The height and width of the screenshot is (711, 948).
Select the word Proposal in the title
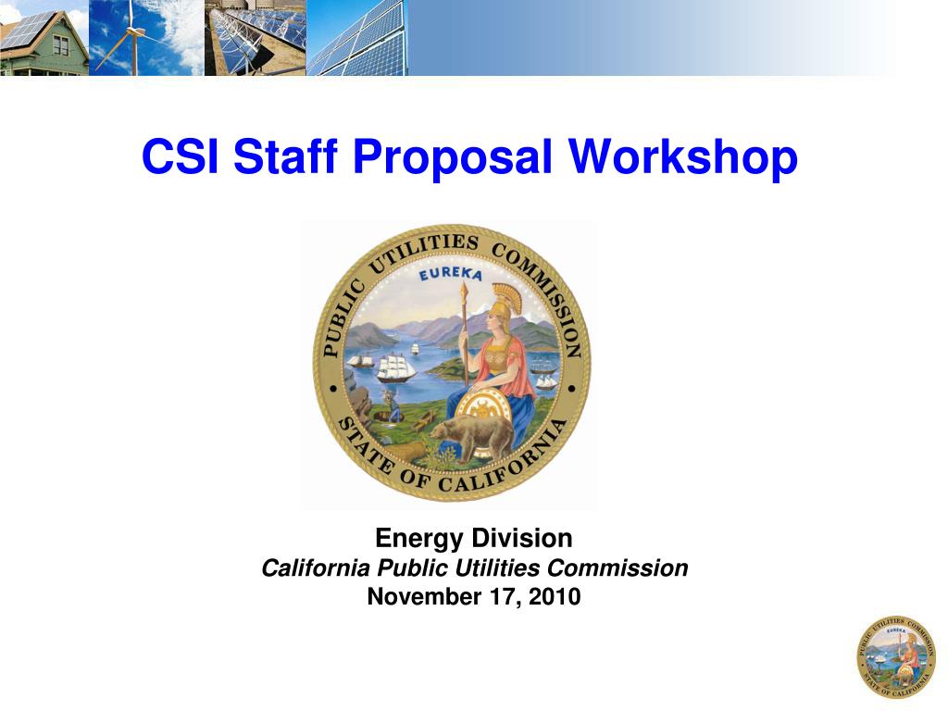click(x=453, y=157)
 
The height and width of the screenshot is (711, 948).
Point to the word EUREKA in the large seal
click(x=451, y=275)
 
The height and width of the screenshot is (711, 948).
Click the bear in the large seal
click(x=477, y=433)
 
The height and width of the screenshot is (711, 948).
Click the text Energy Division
click(x=473, y=538)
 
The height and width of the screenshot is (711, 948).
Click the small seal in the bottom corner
click(x=895, y=656)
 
